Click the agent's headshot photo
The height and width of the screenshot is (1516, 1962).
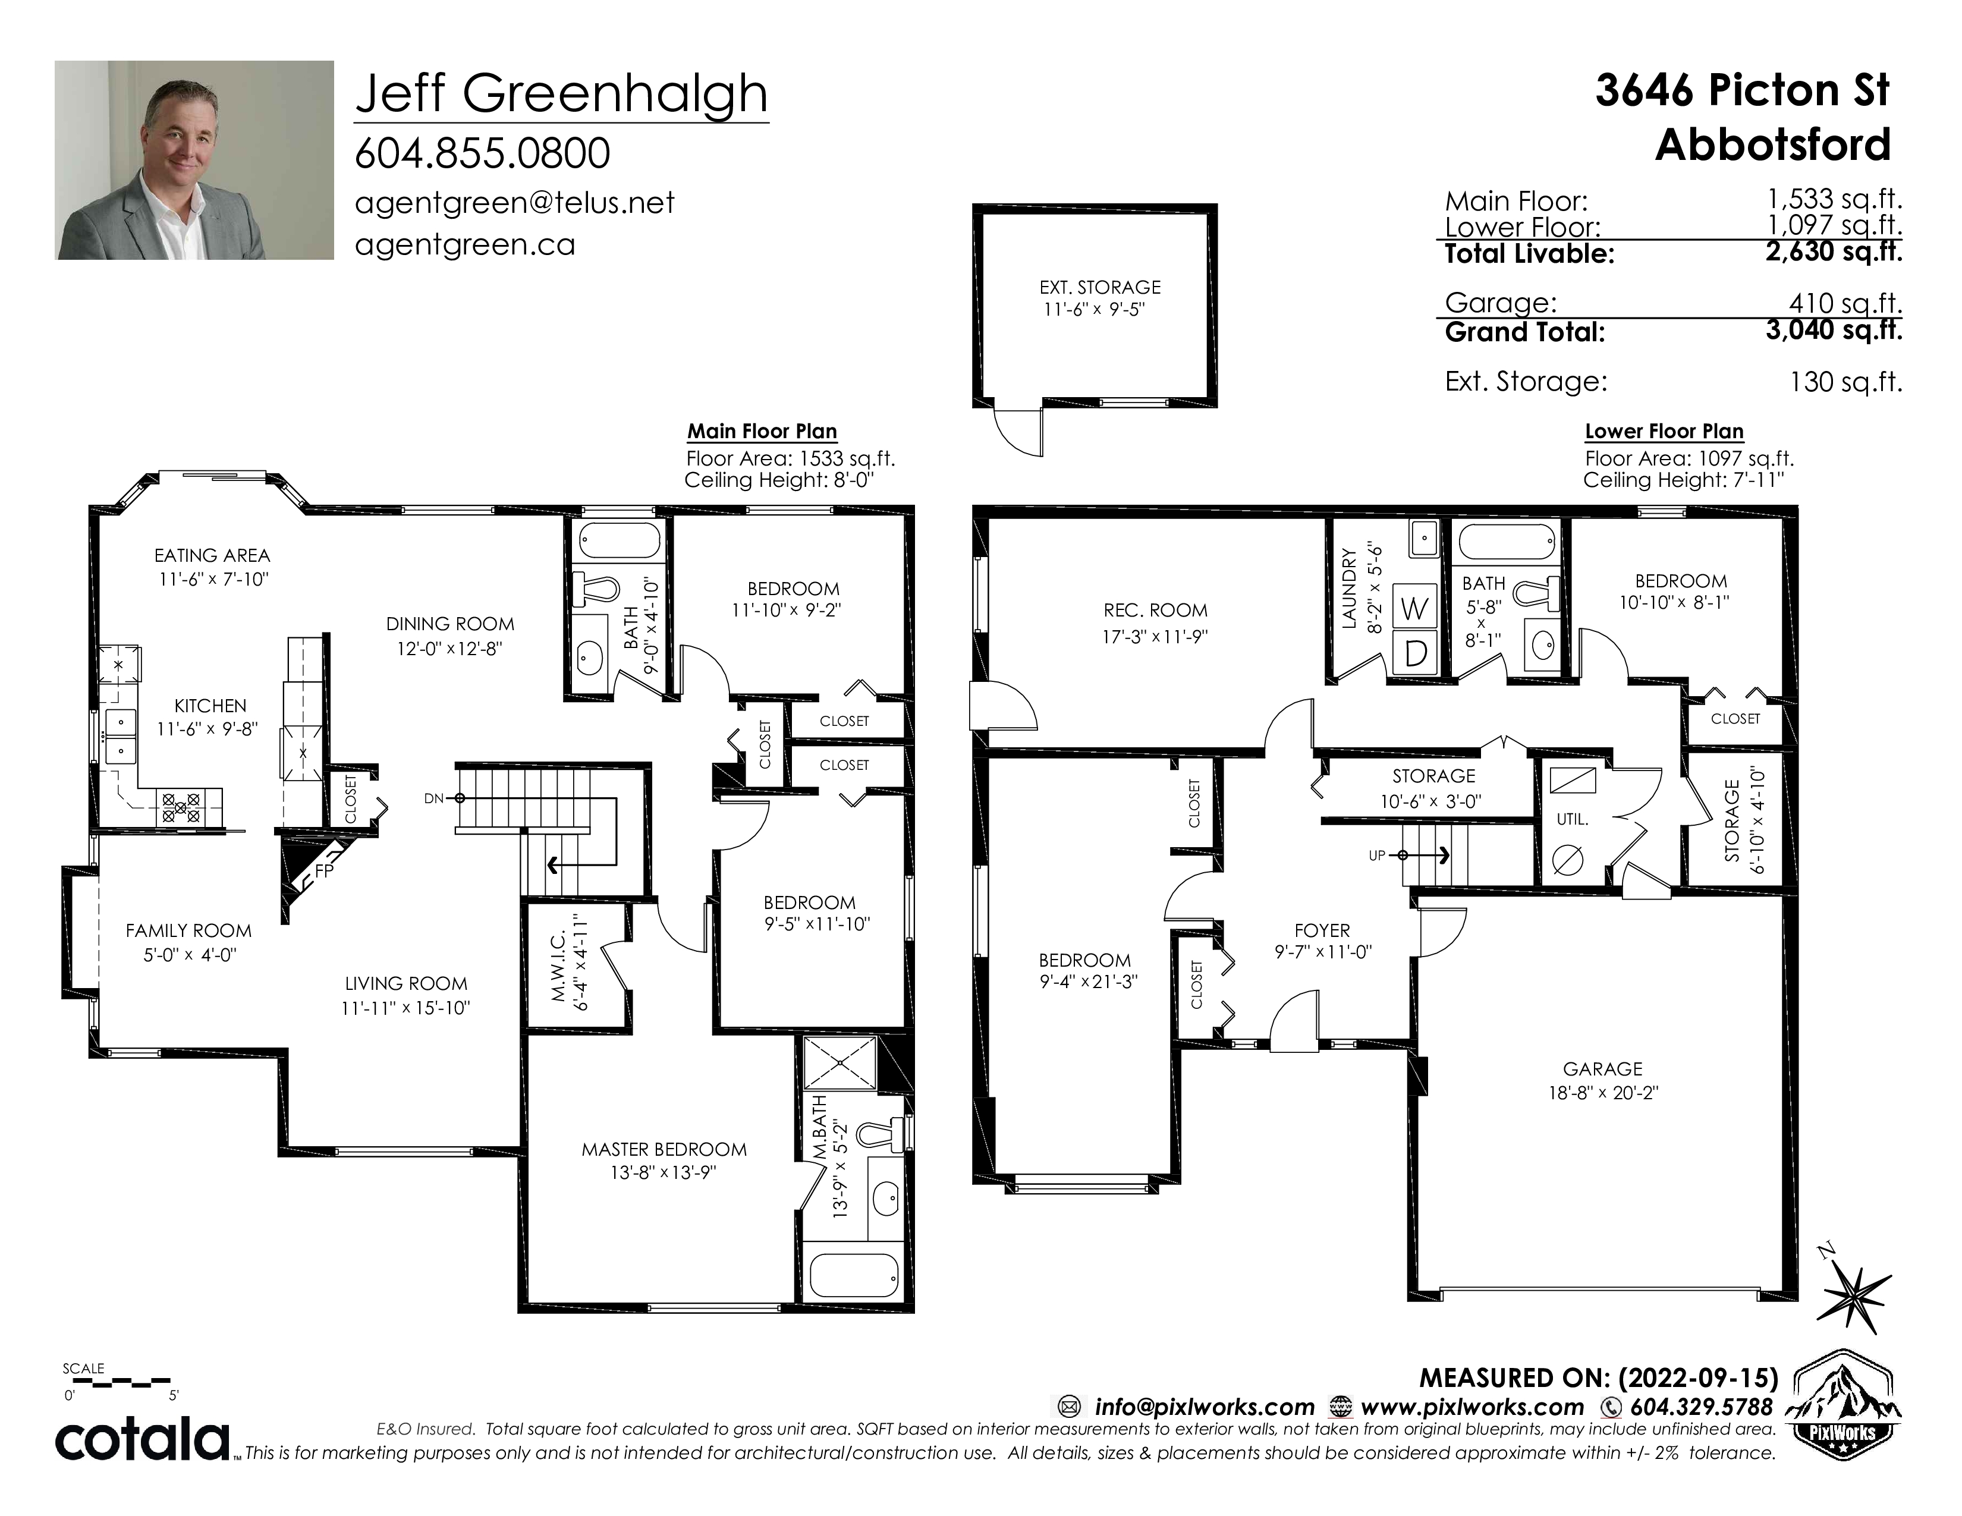coord(194,160)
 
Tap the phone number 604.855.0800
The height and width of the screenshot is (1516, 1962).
coord(482,153)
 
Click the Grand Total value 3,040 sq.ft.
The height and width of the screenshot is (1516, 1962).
coord(1834,331)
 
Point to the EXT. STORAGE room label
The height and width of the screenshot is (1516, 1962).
coord(1099,287)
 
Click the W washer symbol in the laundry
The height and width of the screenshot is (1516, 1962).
coord(1414,609)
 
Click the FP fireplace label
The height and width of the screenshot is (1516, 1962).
coord(324,870)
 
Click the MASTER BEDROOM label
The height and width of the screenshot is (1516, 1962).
coord(664,1150)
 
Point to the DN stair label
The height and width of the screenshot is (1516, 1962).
coord(434,798)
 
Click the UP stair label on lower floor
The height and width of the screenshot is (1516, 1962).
coord(1377,856)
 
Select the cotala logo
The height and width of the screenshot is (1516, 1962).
coord(143,1440)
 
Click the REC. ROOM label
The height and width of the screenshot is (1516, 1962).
coord(1155,611)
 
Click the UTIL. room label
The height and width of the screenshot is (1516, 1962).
coord(1572,819)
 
